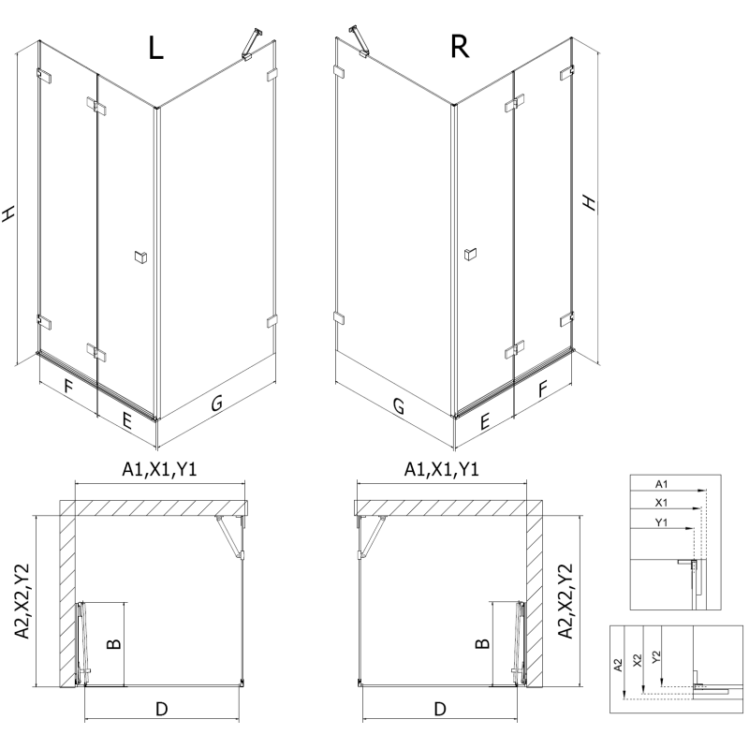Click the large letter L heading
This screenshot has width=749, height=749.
(155, 49)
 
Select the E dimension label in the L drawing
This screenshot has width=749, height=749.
(126, 419)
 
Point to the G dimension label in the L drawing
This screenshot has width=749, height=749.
(216, 404)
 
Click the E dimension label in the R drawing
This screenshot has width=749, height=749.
(484, 422)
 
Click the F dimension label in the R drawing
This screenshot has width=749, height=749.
(542, 387)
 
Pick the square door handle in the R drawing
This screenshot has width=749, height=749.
(469, 253)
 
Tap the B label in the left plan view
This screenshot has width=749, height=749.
(112, 644)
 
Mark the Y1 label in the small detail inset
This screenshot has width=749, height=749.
(661, 521)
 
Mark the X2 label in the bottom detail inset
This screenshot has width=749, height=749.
(637, 660)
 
